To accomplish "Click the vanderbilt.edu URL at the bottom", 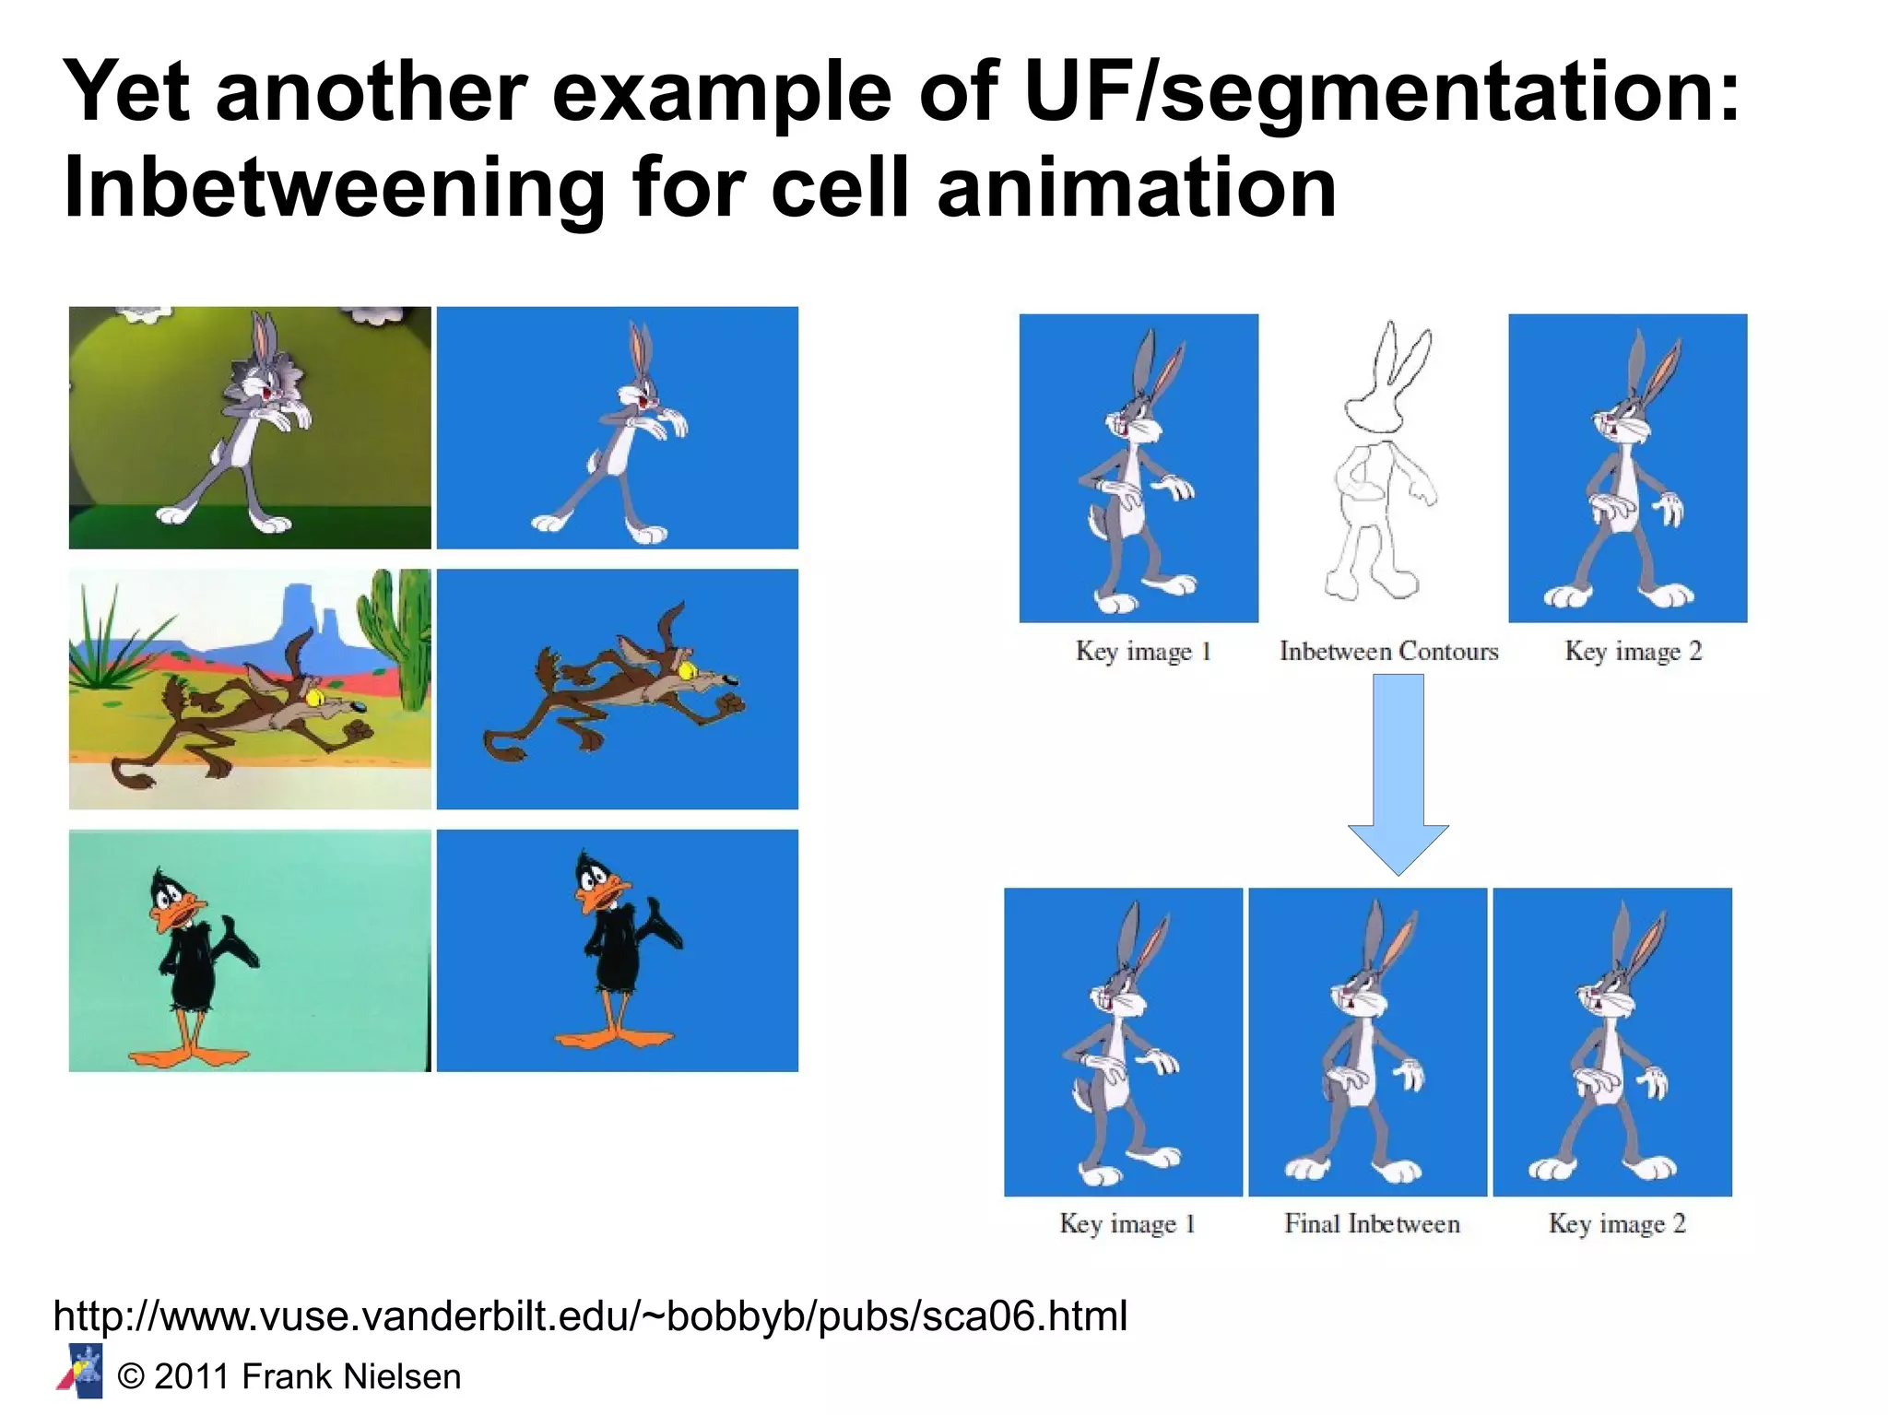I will [590, 1315].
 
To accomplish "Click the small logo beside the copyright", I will [81, 1371].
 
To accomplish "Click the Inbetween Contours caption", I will [1388, 652].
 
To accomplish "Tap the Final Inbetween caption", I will [1372, 1224].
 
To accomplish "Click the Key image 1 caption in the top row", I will [1142, 652].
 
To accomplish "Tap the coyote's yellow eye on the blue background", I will [687, 670].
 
